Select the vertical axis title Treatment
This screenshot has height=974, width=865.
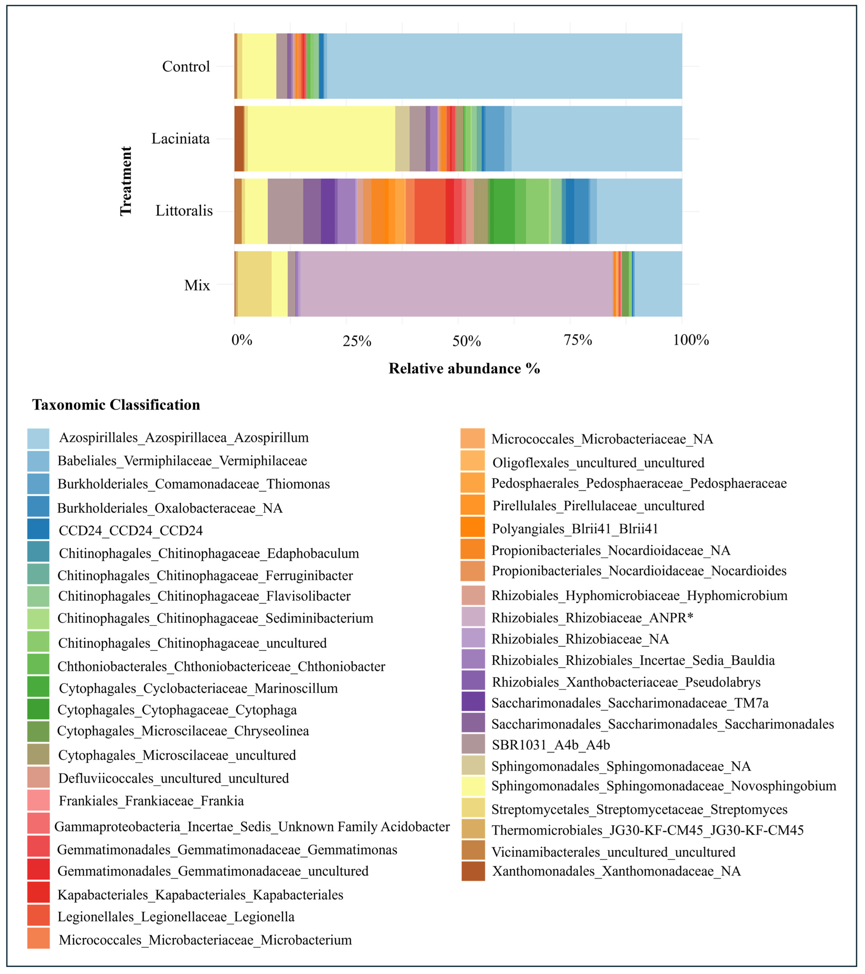click(126, 181)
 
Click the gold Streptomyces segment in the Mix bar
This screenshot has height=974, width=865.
click(255, 284)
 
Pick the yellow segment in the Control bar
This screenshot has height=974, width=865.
click(259, 66)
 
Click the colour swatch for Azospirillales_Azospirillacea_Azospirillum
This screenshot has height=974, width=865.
click(38, 438)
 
